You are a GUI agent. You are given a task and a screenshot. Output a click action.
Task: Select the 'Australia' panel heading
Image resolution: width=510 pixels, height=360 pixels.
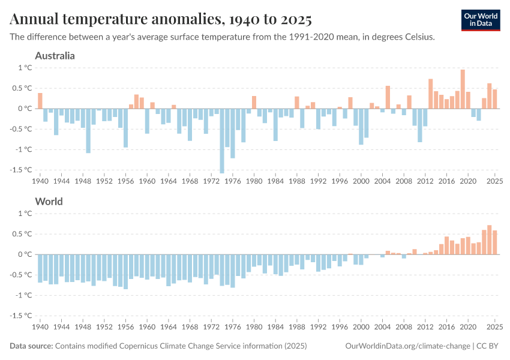click(55, 56)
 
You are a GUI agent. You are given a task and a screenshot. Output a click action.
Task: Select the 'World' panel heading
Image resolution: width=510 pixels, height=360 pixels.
click(49, 202)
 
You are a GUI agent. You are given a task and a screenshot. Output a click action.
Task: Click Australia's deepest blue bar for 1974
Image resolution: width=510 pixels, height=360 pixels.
click(222, 141)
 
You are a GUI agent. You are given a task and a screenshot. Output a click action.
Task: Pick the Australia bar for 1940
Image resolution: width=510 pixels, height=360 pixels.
click(40, 101)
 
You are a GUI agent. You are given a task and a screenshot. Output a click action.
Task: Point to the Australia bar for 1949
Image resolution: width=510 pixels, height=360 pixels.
click(88, 131)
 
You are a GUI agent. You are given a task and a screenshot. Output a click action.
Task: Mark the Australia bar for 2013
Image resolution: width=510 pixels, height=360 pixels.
click(430, 94)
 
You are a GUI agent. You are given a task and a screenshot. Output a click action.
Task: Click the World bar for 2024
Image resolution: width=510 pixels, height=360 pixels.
click(490, 240)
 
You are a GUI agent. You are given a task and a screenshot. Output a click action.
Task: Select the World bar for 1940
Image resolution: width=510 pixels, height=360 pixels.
click(40, 268)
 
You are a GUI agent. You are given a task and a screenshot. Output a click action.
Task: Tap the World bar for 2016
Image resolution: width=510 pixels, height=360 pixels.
click(446, 245)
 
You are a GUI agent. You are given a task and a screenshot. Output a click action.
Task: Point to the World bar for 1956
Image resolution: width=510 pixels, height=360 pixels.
click(125, 272)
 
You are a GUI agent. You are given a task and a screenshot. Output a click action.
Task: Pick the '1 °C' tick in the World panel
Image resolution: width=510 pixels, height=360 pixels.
click(25, 214)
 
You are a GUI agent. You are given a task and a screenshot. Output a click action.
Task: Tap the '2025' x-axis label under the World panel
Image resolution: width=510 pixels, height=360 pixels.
click(494, 327)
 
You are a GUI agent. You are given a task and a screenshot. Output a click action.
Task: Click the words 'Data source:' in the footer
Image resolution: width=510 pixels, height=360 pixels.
click(31, 346)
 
